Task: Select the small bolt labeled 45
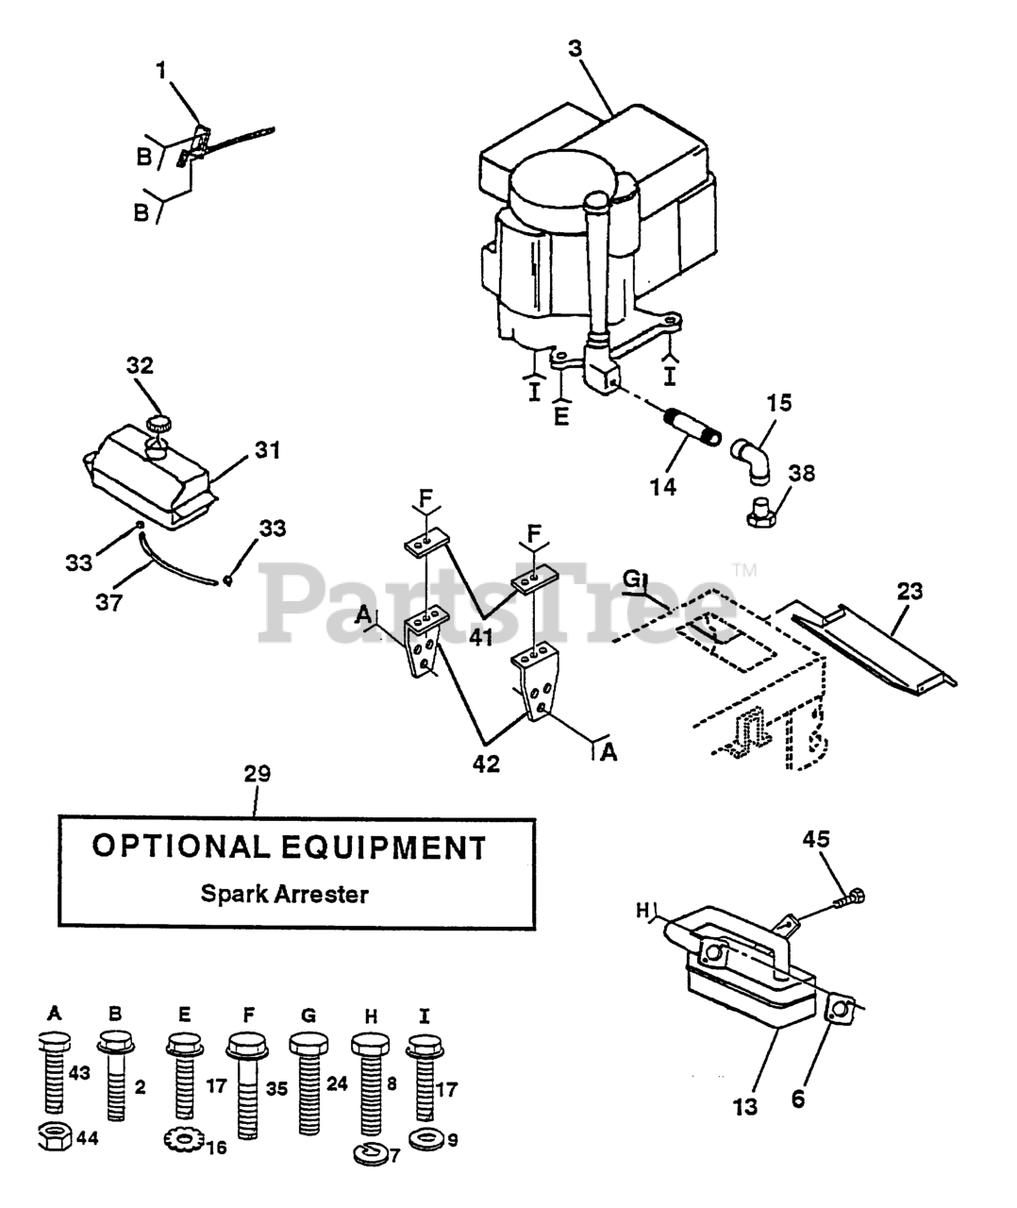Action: tap(851, 898)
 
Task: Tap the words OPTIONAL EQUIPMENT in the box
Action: tap(288, 847)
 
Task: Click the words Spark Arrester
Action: tap(284, 894)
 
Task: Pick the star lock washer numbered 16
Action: tap(182, 1141)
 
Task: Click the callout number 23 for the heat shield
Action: tap(910, 592)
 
